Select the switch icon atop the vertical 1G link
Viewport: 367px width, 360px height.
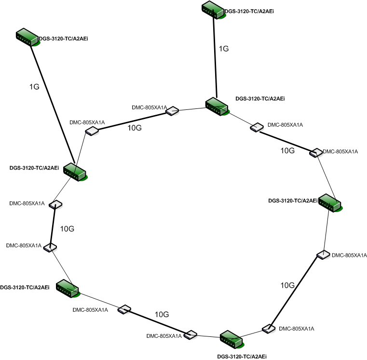pos(213,10)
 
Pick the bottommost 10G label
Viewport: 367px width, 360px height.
pos(161,314)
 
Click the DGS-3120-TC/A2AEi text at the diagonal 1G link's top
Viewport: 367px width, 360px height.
pos(63,36)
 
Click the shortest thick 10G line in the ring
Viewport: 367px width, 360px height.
pos(53,226)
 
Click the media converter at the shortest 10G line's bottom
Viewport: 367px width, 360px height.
pos(50,248)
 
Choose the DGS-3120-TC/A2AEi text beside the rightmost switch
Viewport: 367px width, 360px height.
pos(293,200)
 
